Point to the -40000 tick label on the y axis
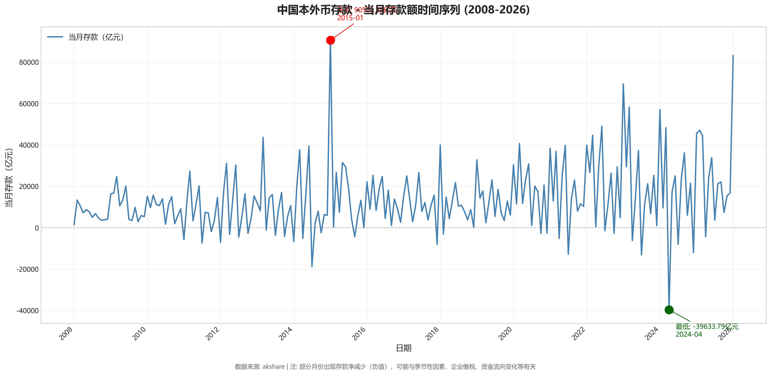click(27, 311)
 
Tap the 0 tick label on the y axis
click(37, 228)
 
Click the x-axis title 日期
click(404, 348)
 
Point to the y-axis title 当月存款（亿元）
click(9, 178)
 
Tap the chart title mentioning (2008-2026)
click(404, 10)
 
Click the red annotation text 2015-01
click(350, 18)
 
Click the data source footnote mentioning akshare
click(385, 367)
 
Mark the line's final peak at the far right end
click(733, 56)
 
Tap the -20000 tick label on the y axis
click(27, 269)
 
